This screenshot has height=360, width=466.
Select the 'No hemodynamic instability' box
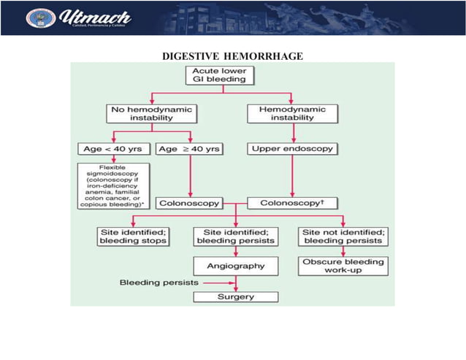click(x=150, y=112)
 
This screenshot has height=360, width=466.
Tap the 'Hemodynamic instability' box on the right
click(x=292, y=112)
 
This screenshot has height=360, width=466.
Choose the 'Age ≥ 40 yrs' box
click(x=189, y=148)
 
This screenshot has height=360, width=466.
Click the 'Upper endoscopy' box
click(x=293, y=148)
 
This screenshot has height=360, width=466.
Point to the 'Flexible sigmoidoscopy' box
click(x=113, y=186)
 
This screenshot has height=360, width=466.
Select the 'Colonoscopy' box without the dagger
click(x=189, y=202)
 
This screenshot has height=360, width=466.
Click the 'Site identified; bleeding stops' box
click(x=132, y=237)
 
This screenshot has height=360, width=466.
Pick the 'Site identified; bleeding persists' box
click(x=235, y=237)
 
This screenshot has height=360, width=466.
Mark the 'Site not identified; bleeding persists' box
click(x=343, y=237)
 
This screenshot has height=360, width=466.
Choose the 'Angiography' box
click(x=235, y=265)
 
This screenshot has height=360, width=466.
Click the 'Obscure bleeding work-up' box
click(x=343, y=265)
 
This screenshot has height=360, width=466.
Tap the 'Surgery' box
click(x=235, y=296)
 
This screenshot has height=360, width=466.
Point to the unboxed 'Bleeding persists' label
click(x=150, y=281)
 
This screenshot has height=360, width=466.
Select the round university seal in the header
click(x=37, y=18)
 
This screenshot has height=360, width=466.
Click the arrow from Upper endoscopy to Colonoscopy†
click(x=293, y=175)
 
